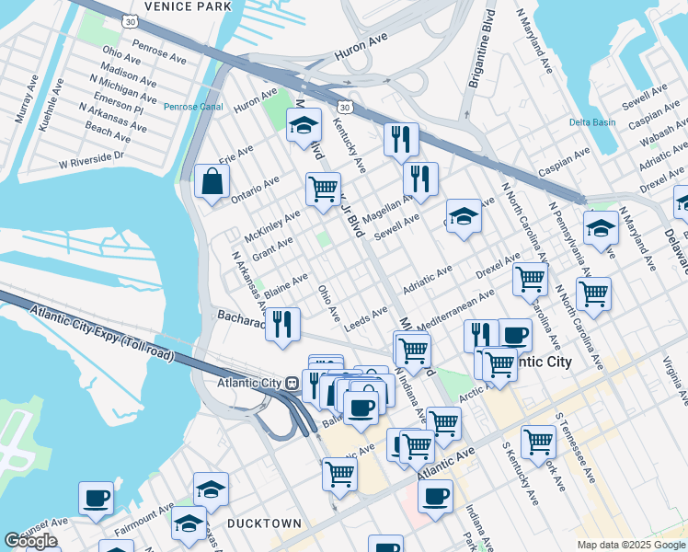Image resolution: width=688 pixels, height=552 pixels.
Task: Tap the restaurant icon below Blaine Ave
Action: [x=282, y=323]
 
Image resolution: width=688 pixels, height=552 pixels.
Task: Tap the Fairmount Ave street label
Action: [x=143, y=521]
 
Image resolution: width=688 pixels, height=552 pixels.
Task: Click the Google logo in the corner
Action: [x=30, y=541]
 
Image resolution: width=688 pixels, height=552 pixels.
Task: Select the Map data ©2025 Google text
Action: [x=630, y=545]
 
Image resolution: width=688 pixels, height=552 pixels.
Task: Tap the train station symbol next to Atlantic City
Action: [x=291, y=383]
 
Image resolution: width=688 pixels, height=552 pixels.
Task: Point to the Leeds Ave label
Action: [x=365, y=319]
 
